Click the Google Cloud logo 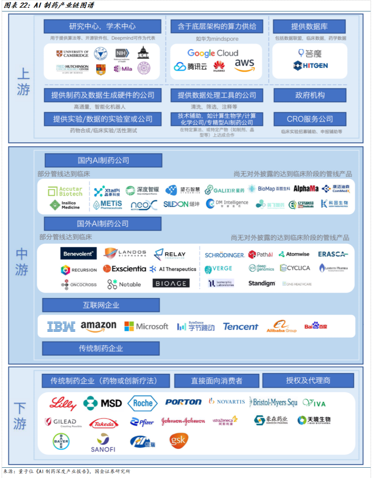pos(213,53)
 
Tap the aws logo pos(244,65)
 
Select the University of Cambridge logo pos(72,54)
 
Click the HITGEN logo pos(310,66)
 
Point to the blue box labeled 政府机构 pos(310,95)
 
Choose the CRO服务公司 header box pos(310,119)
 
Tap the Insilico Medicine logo pos(65,205)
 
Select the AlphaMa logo pos(306,189)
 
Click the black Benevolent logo pos(78,254)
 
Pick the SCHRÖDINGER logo pos(224,255)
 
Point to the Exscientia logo pos(125,269)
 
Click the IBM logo pos(61,327)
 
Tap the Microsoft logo pos(146,327)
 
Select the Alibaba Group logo pos(281,327)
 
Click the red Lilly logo pos(63,403)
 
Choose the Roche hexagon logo pos(142,403)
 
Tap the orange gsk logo pos(179,440)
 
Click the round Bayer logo pos(61,441)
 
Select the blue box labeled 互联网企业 pos(101,305)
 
